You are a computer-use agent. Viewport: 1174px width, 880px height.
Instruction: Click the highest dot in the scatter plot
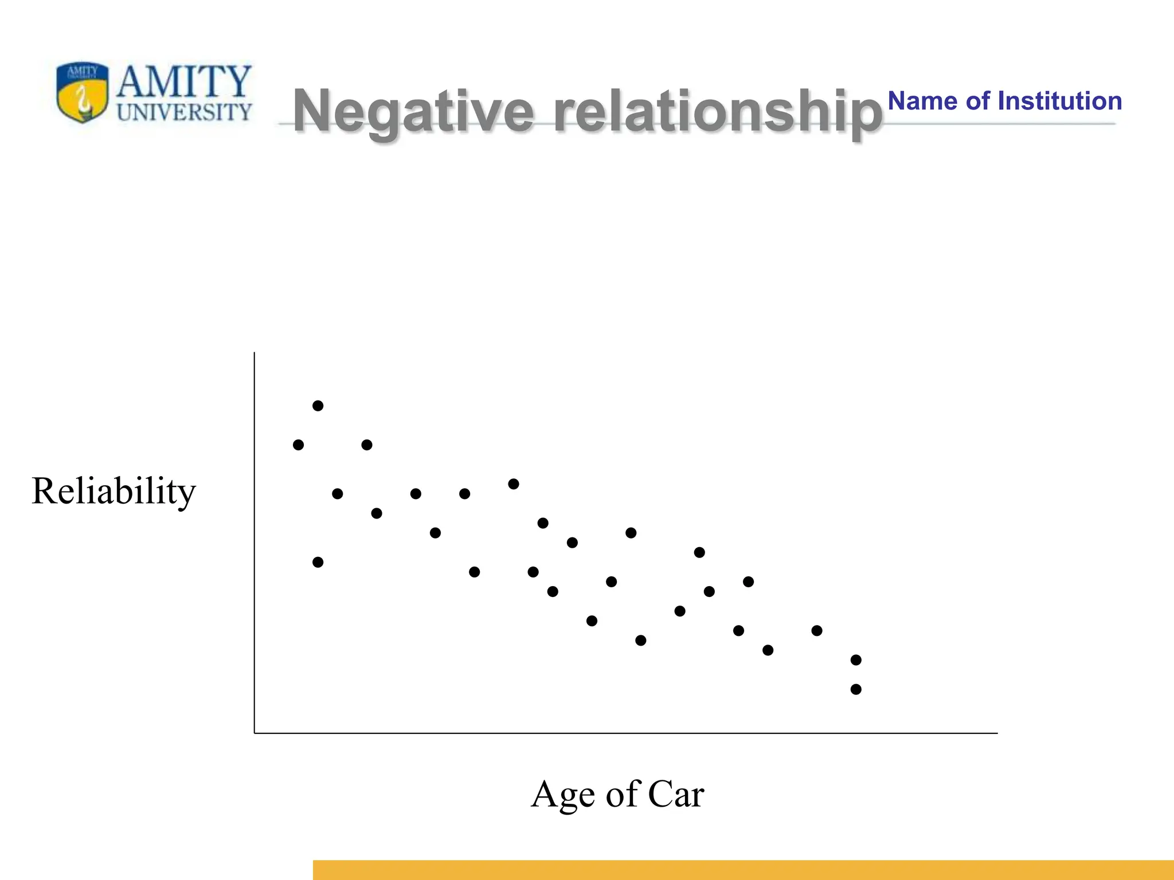318,406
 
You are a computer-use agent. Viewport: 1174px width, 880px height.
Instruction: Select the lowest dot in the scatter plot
856,689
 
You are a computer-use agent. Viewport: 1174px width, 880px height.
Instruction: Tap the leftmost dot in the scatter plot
298,445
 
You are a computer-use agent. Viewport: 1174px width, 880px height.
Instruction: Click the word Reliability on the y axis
114,492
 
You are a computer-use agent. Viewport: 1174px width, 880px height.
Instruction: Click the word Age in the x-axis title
563,795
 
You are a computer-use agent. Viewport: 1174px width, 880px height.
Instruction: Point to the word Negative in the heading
413,111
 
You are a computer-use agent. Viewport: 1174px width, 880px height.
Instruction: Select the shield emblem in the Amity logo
83,92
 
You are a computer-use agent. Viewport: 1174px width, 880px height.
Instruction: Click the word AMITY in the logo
184,81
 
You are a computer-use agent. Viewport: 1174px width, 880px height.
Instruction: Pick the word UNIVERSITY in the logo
184,112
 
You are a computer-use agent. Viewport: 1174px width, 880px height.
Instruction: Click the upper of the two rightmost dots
856,660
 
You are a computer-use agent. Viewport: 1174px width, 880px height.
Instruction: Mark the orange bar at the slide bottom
743,870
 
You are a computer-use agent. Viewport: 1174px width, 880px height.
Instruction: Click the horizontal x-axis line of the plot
625,733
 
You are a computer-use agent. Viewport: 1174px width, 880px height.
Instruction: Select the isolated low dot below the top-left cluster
318,562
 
